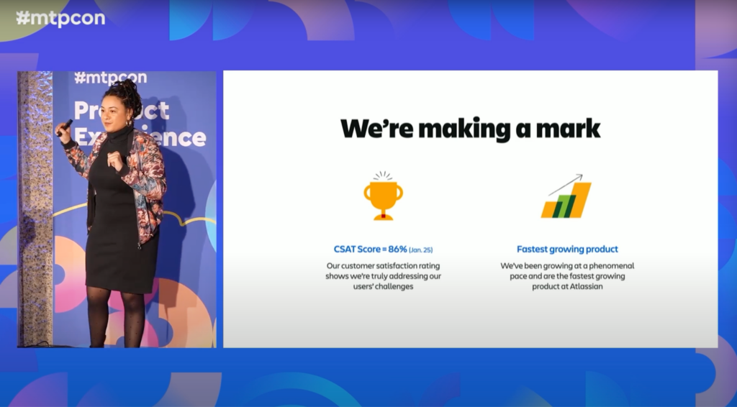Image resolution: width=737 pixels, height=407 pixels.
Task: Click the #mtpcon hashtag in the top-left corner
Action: [60, 18]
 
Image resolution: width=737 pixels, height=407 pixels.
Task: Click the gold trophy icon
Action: [383, 196]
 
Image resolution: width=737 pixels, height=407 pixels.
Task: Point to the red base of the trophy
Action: [383, 216]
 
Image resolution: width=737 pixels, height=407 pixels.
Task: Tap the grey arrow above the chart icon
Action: [566, 185]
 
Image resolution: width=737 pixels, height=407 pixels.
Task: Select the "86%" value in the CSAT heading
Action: [397, 250]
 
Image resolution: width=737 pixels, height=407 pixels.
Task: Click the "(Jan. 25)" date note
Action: [420, 250]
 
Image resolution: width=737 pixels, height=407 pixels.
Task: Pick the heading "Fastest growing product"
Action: [567, 250]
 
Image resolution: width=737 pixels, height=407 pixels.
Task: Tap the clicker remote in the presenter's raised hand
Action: [65, 127]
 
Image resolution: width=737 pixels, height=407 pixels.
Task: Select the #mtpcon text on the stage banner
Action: [110, 78]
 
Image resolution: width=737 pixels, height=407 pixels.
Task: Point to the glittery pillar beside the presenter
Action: [35, 209]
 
